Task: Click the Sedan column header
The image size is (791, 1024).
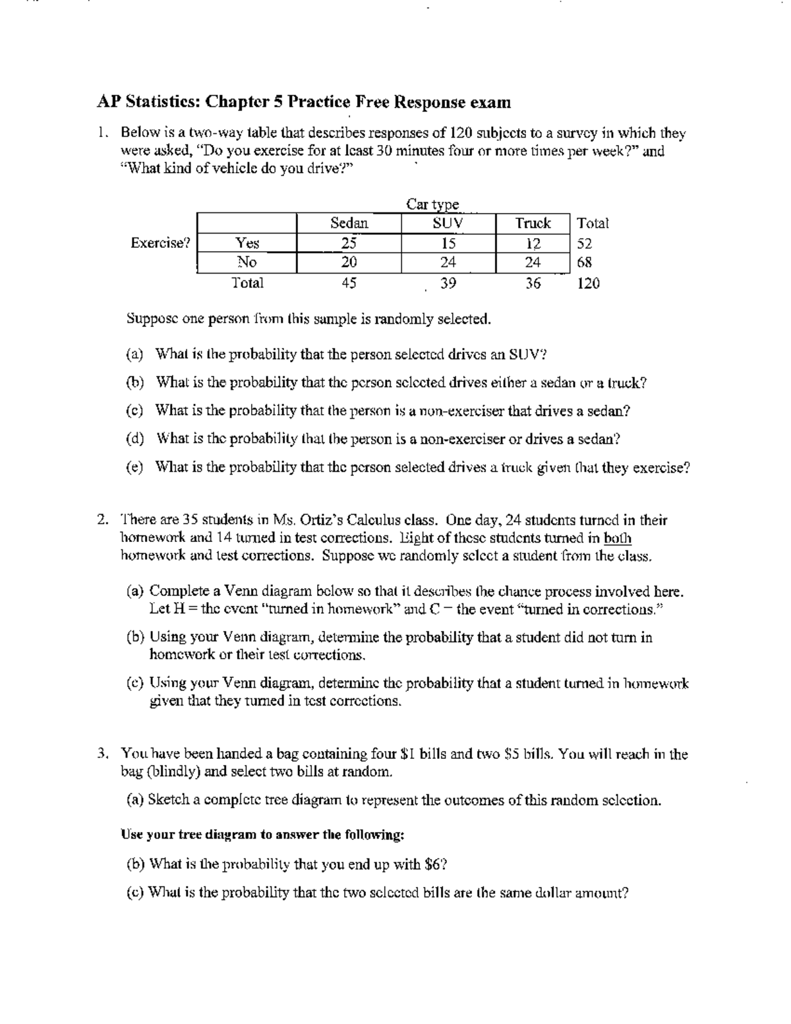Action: click(349, 223)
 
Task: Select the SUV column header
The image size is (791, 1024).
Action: click(448, 223)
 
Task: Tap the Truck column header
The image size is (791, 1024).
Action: click(533, 223)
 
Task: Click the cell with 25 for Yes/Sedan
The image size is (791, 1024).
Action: click(349, 243)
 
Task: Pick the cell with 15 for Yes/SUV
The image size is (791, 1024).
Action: click(448, 243)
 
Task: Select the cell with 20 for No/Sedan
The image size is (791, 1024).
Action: click(349, 262)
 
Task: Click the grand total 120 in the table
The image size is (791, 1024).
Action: click(588, 284)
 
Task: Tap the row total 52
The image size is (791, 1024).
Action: click(584, 243)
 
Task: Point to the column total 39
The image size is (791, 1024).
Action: click(448, 284)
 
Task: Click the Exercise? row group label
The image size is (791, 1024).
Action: click(160, 243)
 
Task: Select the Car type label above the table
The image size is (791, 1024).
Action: click(432, 204)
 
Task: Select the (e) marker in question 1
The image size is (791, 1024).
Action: click(135, 467)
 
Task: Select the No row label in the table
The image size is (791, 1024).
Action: click(247, 262)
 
